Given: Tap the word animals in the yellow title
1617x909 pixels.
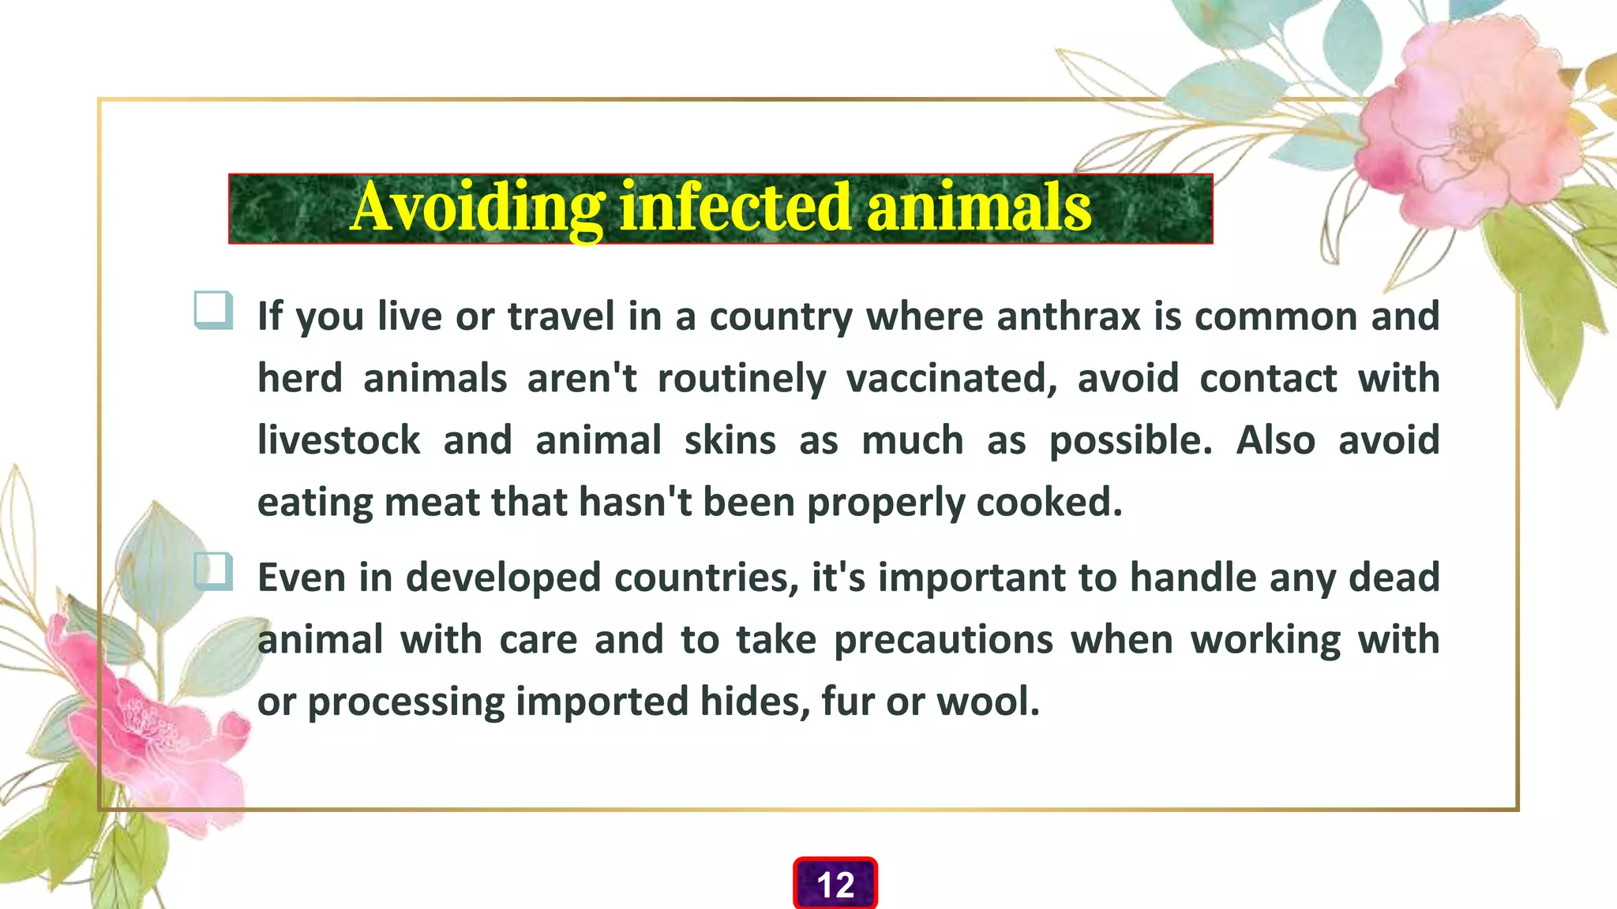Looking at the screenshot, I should [x=979, y=207].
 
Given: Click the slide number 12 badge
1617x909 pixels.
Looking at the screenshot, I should [x=835, y=885].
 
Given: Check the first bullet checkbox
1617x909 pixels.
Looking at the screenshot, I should [x=212, y=310].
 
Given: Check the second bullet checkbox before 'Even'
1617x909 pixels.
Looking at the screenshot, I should [x=212, y=571].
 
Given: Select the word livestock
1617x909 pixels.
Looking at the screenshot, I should [x=339, y=440].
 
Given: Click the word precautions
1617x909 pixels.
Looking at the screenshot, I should [x=944, y=640].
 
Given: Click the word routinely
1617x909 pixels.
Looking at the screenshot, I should [x=741, y=379].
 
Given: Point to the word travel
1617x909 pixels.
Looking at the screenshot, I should [x=561, y=316].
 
